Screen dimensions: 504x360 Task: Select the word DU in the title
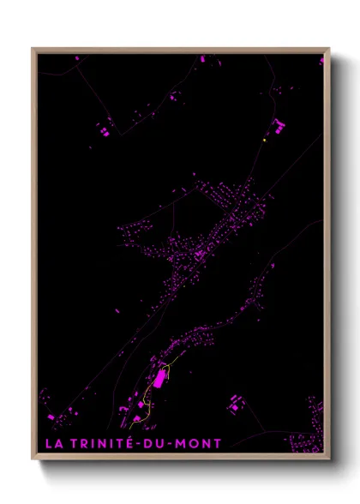tap(164, 443)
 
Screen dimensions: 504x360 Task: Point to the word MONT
tap(202, 443)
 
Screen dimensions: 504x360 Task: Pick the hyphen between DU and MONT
tap(178, 444)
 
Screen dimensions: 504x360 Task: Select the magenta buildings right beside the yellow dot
tap(278, 129)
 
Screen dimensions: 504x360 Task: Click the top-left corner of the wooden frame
tap(33, 49)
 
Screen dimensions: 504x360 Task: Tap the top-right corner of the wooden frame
tap(328, 49)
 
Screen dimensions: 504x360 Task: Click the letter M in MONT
tap(189, 443)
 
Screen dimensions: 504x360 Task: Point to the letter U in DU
tap(169, 443)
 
